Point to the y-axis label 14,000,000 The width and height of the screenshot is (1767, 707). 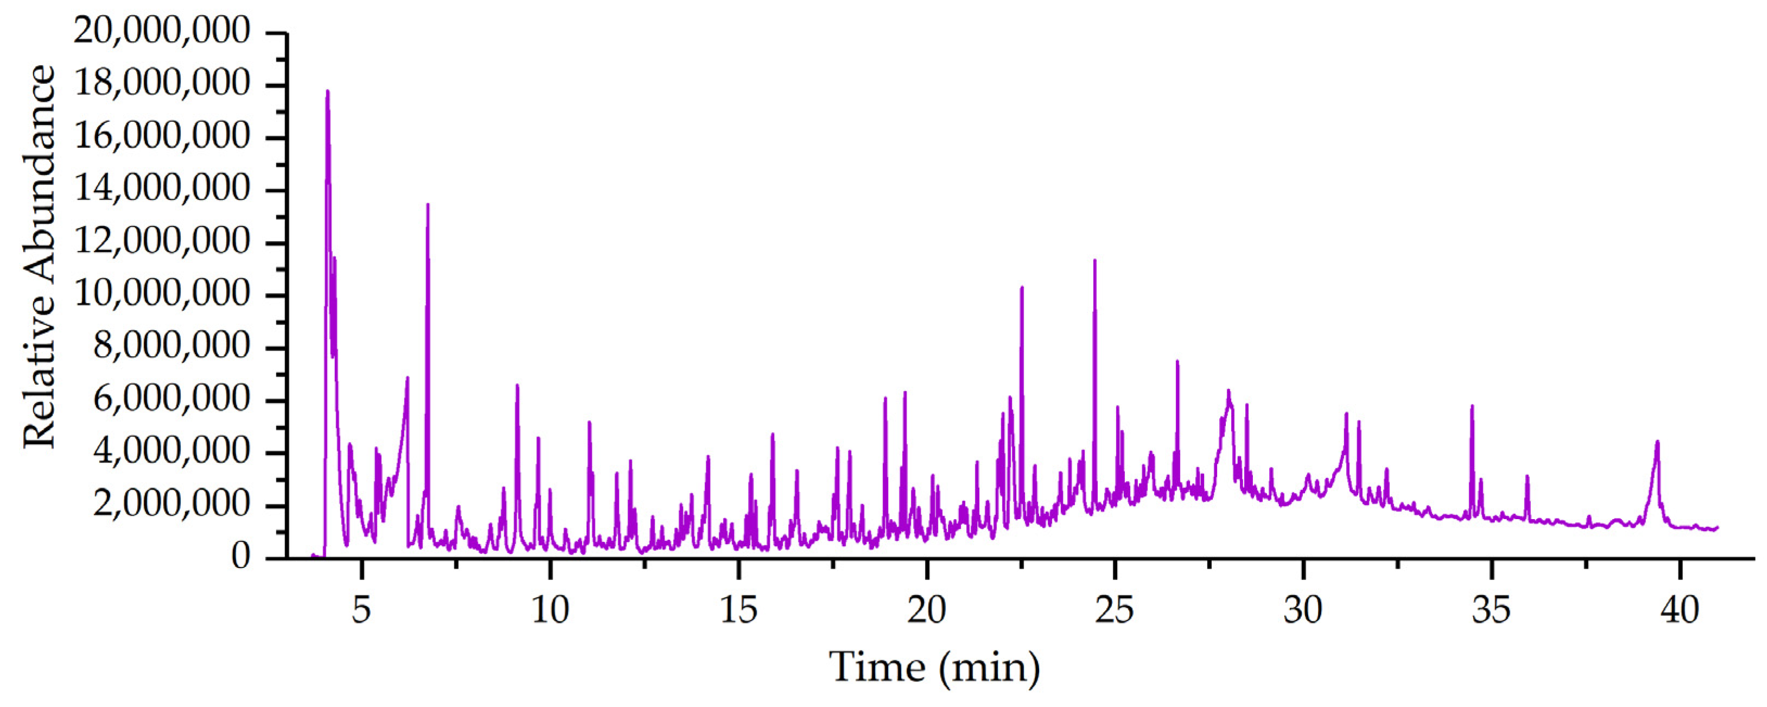pos(162,189)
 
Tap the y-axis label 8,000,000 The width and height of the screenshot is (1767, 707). pos(172,346)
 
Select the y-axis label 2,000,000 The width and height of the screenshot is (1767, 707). pos(172,504)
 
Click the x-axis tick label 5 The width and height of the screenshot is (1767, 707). pos(362,610)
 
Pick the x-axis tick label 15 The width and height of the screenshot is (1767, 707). pos(738,610)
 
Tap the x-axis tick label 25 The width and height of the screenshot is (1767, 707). pos(1114,610)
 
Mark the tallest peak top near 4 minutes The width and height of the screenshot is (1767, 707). pos(327,91)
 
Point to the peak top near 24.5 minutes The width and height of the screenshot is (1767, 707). pos(1094,260)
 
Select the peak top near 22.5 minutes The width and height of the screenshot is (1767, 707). pos(1021,288)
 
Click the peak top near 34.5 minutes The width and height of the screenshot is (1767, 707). pos(1471,406)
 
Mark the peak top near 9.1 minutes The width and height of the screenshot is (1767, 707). pos(517,385)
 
